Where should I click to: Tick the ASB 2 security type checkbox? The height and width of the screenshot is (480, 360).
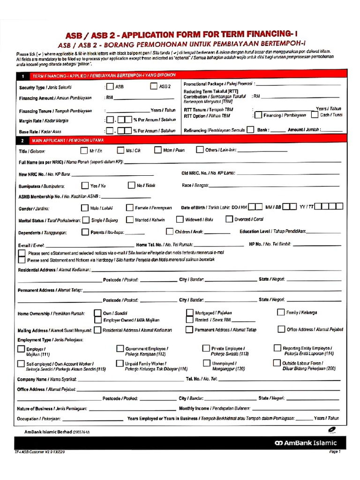(153, 86)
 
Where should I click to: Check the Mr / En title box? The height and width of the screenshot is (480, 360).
(84, 150)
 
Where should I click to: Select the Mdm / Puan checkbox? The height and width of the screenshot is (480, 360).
(158, 150)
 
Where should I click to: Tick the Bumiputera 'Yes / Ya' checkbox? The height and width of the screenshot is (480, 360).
(85, 185)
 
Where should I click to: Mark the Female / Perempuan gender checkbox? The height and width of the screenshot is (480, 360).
(130, 208)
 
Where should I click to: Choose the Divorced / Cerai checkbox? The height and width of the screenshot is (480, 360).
(229, 219)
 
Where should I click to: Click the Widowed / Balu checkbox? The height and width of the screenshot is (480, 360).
(180, 219)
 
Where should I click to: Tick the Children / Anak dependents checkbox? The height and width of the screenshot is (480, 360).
(170, 232)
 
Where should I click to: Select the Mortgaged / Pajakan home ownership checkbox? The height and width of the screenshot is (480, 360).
(189, 312)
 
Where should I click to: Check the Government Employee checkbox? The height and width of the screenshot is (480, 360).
(120, 349)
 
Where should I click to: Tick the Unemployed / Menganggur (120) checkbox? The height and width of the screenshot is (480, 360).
(206, 363)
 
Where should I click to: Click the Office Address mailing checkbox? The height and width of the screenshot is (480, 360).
(281, 330)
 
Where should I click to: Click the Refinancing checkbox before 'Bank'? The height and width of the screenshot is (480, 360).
(251, 130)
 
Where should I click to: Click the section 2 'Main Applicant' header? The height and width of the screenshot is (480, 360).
(68, 140)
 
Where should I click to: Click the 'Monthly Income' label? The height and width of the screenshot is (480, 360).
(194, 408)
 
